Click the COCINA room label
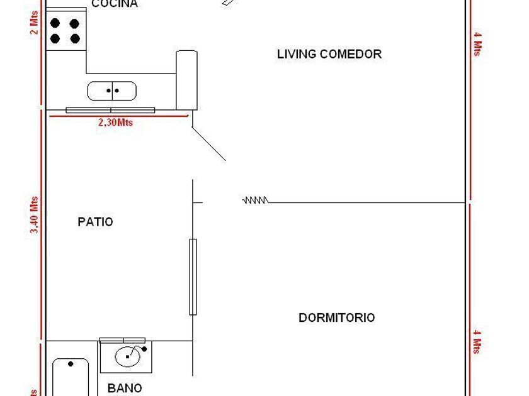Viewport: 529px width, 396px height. click(115, 4)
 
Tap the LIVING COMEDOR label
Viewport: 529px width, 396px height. click(329, 54)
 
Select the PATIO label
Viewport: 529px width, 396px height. click(96, 222)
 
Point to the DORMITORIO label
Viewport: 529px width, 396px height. click(336, 317)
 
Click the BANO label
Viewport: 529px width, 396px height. click(125, 388)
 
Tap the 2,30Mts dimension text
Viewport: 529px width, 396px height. click(115, 123)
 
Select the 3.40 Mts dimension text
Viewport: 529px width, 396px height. click(35, 216)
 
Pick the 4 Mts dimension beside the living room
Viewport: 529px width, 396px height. click(477, 43)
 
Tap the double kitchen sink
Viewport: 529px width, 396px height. click(111, 91)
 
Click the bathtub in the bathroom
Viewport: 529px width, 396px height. click(70, 377)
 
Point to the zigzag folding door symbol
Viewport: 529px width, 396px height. click(256, 201)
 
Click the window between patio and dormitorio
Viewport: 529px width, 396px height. click(193, 277)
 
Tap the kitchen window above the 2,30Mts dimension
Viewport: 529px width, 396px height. click(110, 110)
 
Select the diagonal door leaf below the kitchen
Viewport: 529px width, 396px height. click(208, 143)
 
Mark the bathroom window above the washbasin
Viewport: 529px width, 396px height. click(122, 341)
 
